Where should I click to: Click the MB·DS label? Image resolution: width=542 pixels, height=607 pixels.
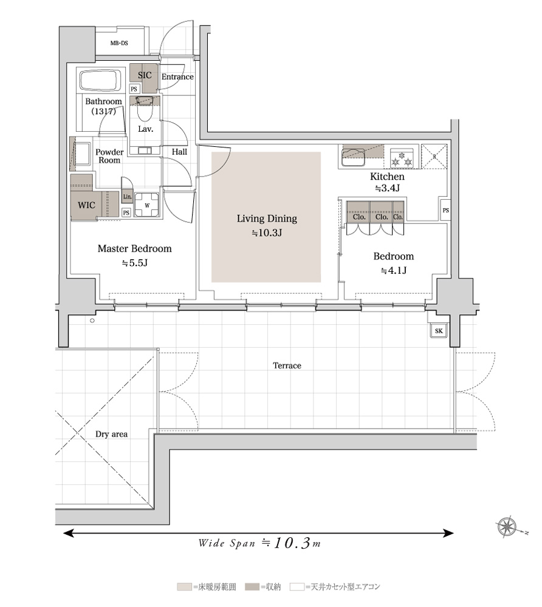coord(119,43)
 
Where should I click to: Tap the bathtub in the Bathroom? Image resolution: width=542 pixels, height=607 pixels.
coord(101,80)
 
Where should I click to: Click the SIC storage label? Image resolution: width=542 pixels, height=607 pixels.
coord(145,75)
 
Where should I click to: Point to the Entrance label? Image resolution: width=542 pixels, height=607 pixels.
coord(177,76)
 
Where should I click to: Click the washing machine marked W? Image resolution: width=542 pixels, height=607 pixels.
coord(147,205)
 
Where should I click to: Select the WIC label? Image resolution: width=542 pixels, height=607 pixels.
coord(86,205)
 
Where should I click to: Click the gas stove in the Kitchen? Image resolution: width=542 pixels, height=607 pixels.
coord(402,158)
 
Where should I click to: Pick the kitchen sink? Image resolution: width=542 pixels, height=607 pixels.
coord(352,157)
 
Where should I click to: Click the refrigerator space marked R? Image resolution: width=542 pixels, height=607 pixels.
coord(434,157)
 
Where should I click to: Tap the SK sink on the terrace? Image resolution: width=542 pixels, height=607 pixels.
coord(439,331)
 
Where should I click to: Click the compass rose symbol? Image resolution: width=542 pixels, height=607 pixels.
coord(507,527)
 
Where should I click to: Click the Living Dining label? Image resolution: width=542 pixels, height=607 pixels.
coord(267,219)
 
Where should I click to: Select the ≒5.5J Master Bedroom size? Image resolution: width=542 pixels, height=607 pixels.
coord(135,263)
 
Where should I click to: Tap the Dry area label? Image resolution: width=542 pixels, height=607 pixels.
coord(112,435)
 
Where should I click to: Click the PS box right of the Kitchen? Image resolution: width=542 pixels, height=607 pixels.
coord(445,210)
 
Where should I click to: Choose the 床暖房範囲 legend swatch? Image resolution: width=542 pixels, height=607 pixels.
coord(184,587)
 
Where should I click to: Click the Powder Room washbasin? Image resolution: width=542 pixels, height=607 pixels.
coord(82,154)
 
